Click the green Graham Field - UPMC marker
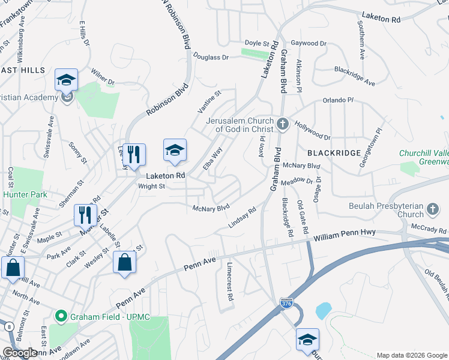point(60,316)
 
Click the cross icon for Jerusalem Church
point(283,125)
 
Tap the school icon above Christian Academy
point(67,80)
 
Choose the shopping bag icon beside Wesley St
point(124,262)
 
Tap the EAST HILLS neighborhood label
point(22,70)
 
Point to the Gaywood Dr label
point(308,43)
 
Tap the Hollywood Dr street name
point(312,130)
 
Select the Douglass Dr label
point(211,58)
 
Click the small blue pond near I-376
point(323,310)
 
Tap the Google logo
point(20,353)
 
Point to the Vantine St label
point(209,101)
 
